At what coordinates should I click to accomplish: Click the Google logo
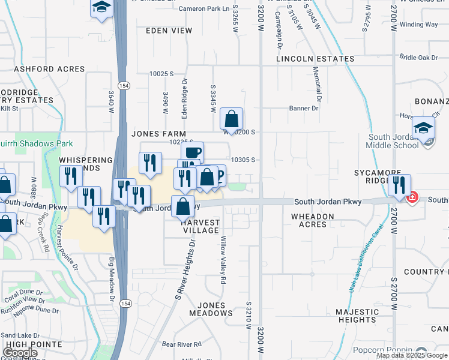(x=20, y=353)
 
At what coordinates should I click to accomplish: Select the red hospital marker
(x=412, y=197)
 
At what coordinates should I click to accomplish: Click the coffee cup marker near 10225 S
(x=192, y=152)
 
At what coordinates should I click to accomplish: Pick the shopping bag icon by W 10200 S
(x=231, y=119)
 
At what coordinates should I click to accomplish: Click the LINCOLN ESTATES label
(x=315, y=59)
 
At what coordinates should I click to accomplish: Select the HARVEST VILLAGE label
(x=200, y=226)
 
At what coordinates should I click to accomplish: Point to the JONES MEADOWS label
(x=211, y=309)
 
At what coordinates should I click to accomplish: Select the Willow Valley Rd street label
(x=223, y=260)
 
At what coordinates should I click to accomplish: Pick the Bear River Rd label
(x=181, y=344)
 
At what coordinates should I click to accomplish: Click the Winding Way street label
(x=418, y=25)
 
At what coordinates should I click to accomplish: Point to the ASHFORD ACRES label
(x=49, y=69)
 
